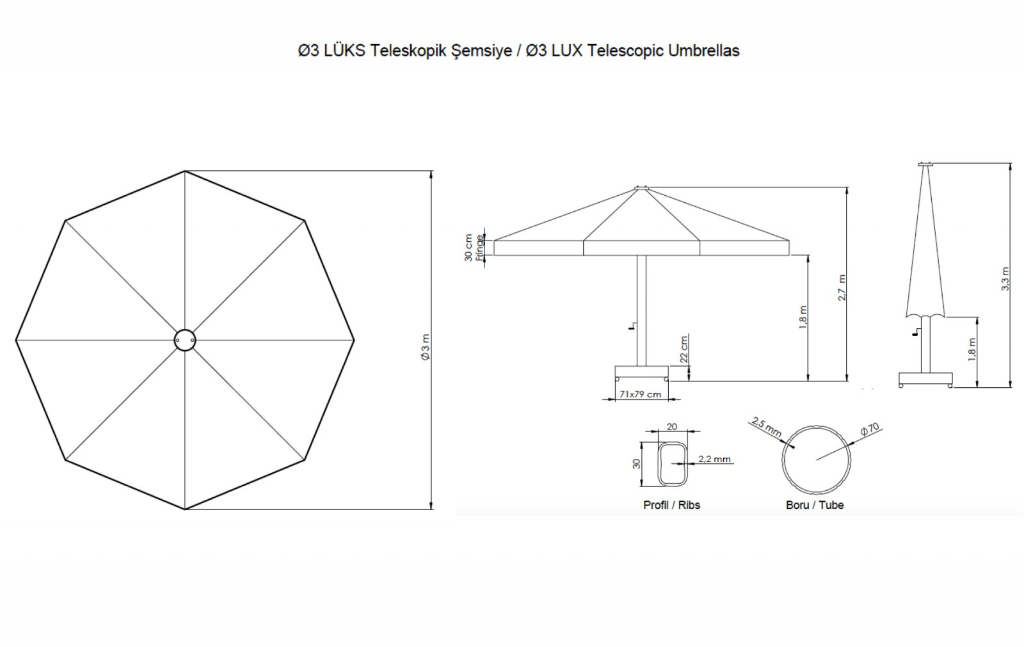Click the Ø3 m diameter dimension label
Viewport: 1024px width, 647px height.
[x=426, y=347]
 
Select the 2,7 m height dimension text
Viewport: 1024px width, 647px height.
[x=842, y=287]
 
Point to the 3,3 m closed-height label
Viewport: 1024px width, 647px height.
[x=1005, y=278]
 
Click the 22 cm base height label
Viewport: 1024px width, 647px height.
[x=684, y=349]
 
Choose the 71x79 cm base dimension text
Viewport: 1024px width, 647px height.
[x=640, y=394]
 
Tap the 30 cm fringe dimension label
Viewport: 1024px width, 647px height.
[x=468, y=248]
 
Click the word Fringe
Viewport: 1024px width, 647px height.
[x=479, y=248]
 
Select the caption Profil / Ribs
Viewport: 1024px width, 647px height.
[x=671, y=505]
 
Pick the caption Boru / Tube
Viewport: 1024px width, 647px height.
[x=815, y=505]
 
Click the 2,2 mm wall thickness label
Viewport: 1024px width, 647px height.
[x=714, y=459]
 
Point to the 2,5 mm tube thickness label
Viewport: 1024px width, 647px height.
[x=767, y=426]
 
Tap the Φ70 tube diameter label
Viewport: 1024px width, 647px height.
[x=870, y=428]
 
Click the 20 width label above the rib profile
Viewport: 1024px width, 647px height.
[x=671, y=426]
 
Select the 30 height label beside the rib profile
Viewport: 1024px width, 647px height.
[x=637, y=463]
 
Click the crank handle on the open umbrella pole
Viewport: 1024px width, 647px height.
[x=633, y=326]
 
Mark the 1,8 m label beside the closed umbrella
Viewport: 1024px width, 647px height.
[x=972, y=349]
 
